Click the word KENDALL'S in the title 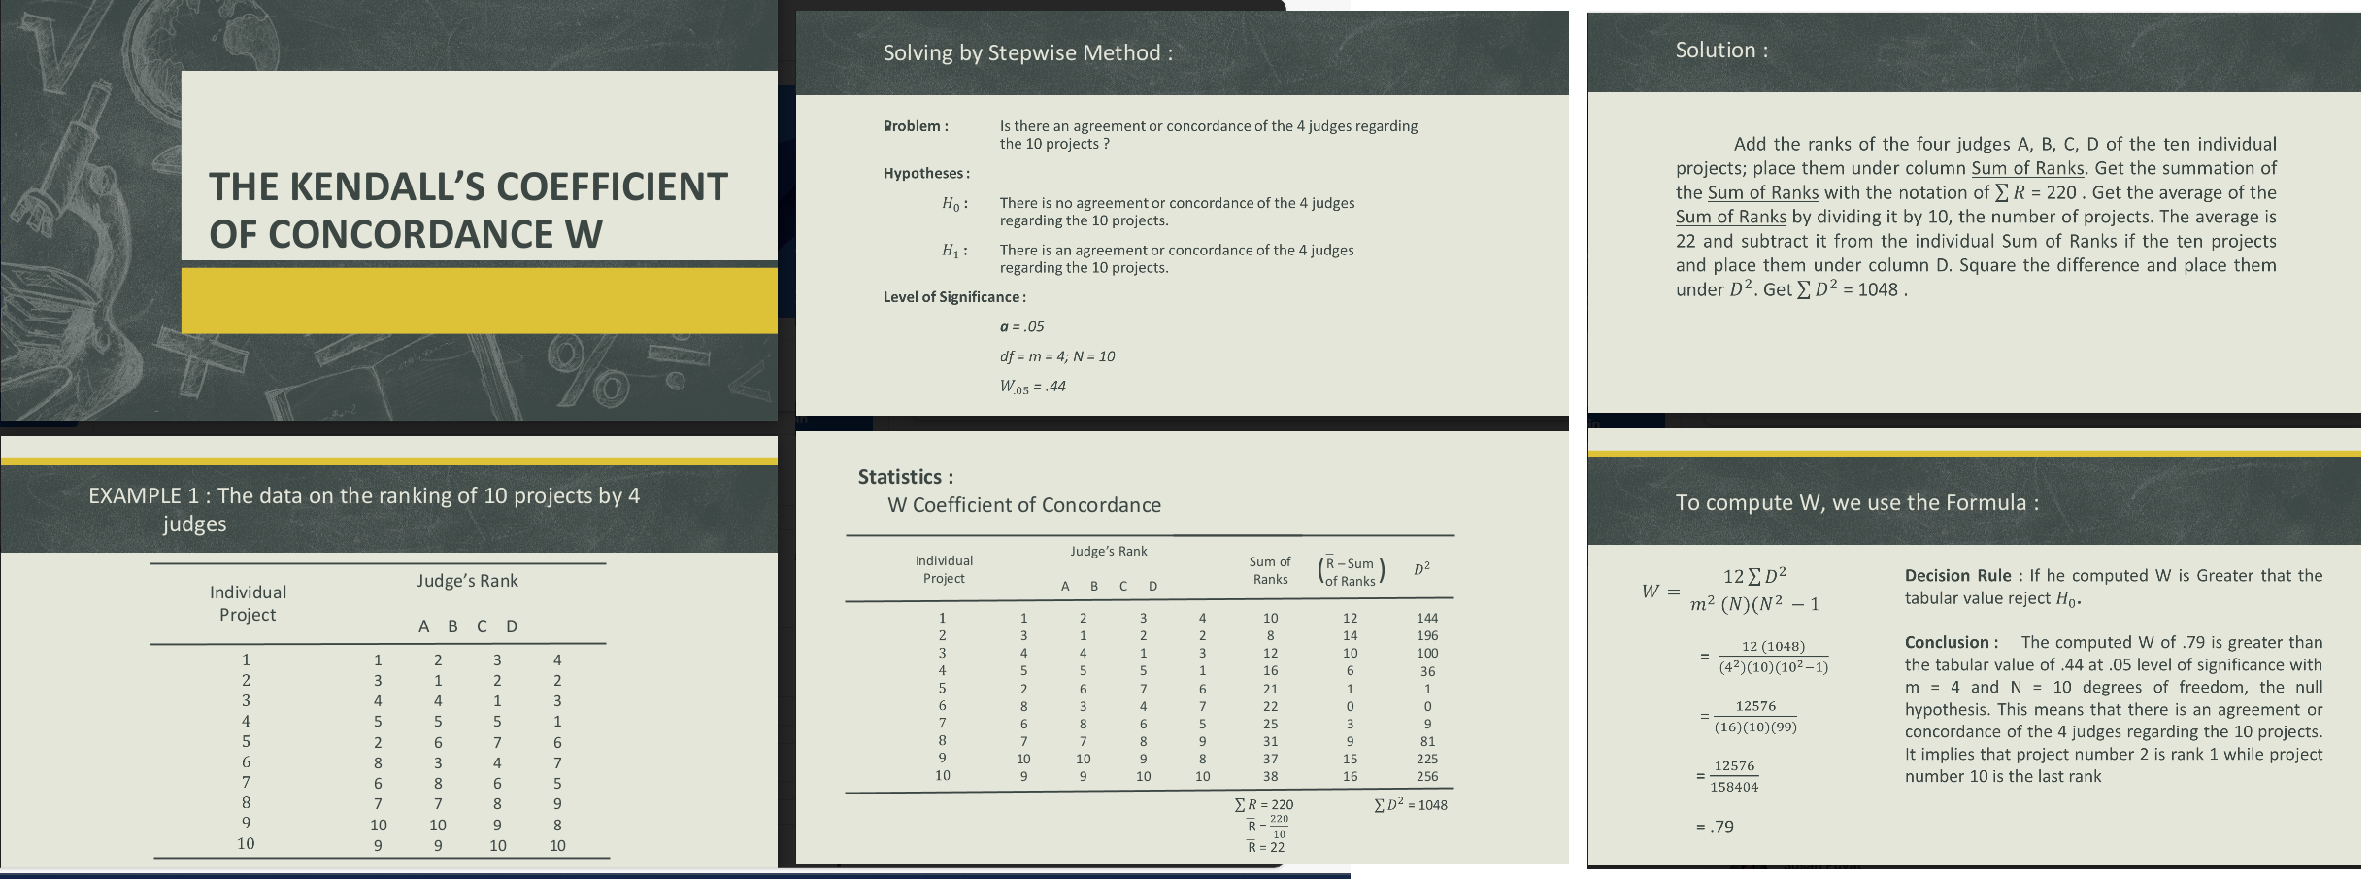point(387,187)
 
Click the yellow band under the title point(479,301)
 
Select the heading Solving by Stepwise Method point(1027,52)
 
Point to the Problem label point(916,126)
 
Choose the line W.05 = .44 point(1032,387)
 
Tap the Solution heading point(1720,51)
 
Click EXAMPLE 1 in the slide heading point(143,495)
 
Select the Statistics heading point(905,477)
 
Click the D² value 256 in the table point(1426,776)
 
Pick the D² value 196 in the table point(1426,635)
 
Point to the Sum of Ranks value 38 point(1270,776)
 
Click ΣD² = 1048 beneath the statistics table point(1410,805)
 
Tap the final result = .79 point(1715,828)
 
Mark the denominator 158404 point(1734,788)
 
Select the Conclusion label point(1951,643)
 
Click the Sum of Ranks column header point(1270,570)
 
